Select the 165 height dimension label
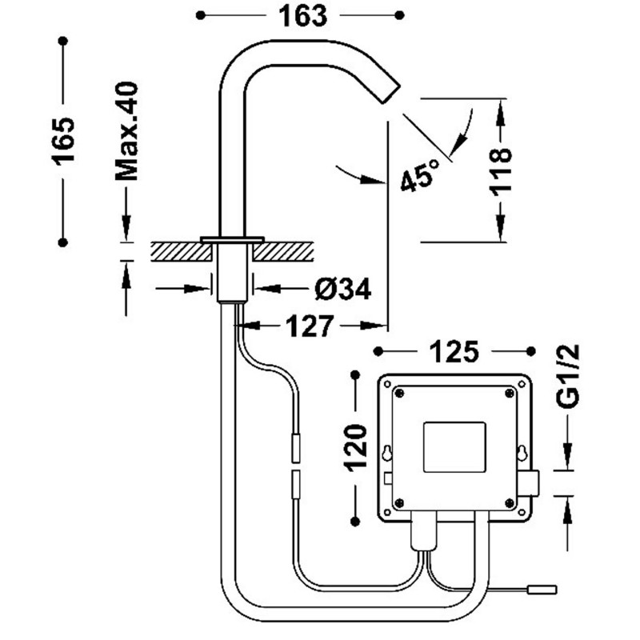(63, 140)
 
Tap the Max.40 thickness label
(126, 130)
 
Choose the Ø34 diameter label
(342, 289)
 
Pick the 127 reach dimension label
(310, 326)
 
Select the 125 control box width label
(454, 350)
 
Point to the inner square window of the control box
(453, 446)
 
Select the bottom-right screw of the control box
(509, 502)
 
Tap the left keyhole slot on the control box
(388, 453)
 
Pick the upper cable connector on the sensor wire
(295, 447)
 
